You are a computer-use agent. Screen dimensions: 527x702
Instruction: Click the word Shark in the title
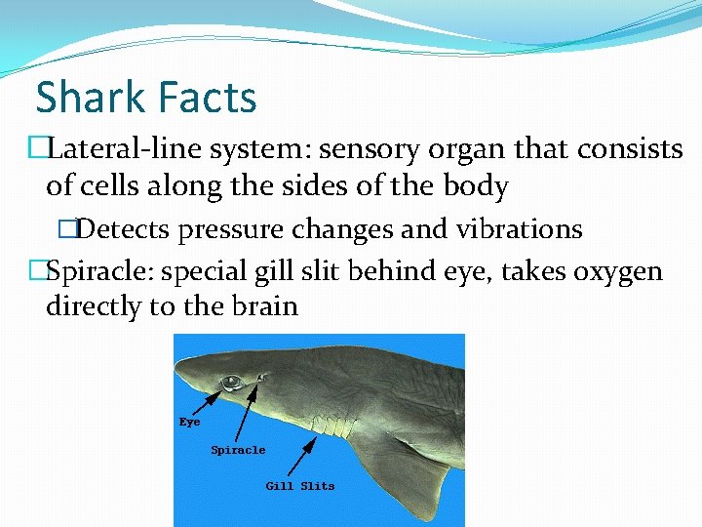pyautogui.click(x=89, y=98)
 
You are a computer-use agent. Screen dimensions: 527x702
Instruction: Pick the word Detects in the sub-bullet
pyautogui.click(x=122, y=229)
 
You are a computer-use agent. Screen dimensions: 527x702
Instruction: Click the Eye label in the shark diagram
pyautogui.click(x=189, y=423)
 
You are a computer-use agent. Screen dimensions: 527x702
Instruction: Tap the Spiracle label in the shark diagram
pyautogui.click(x=238, y=450)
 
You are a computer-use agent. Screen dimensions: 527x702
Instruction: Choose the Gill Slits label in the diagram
pyautogui.click(x=300, y=485)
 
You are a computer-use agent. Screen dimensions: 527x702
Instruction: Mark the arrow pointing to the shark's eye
pyautogui.click(x=207, y=400)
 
